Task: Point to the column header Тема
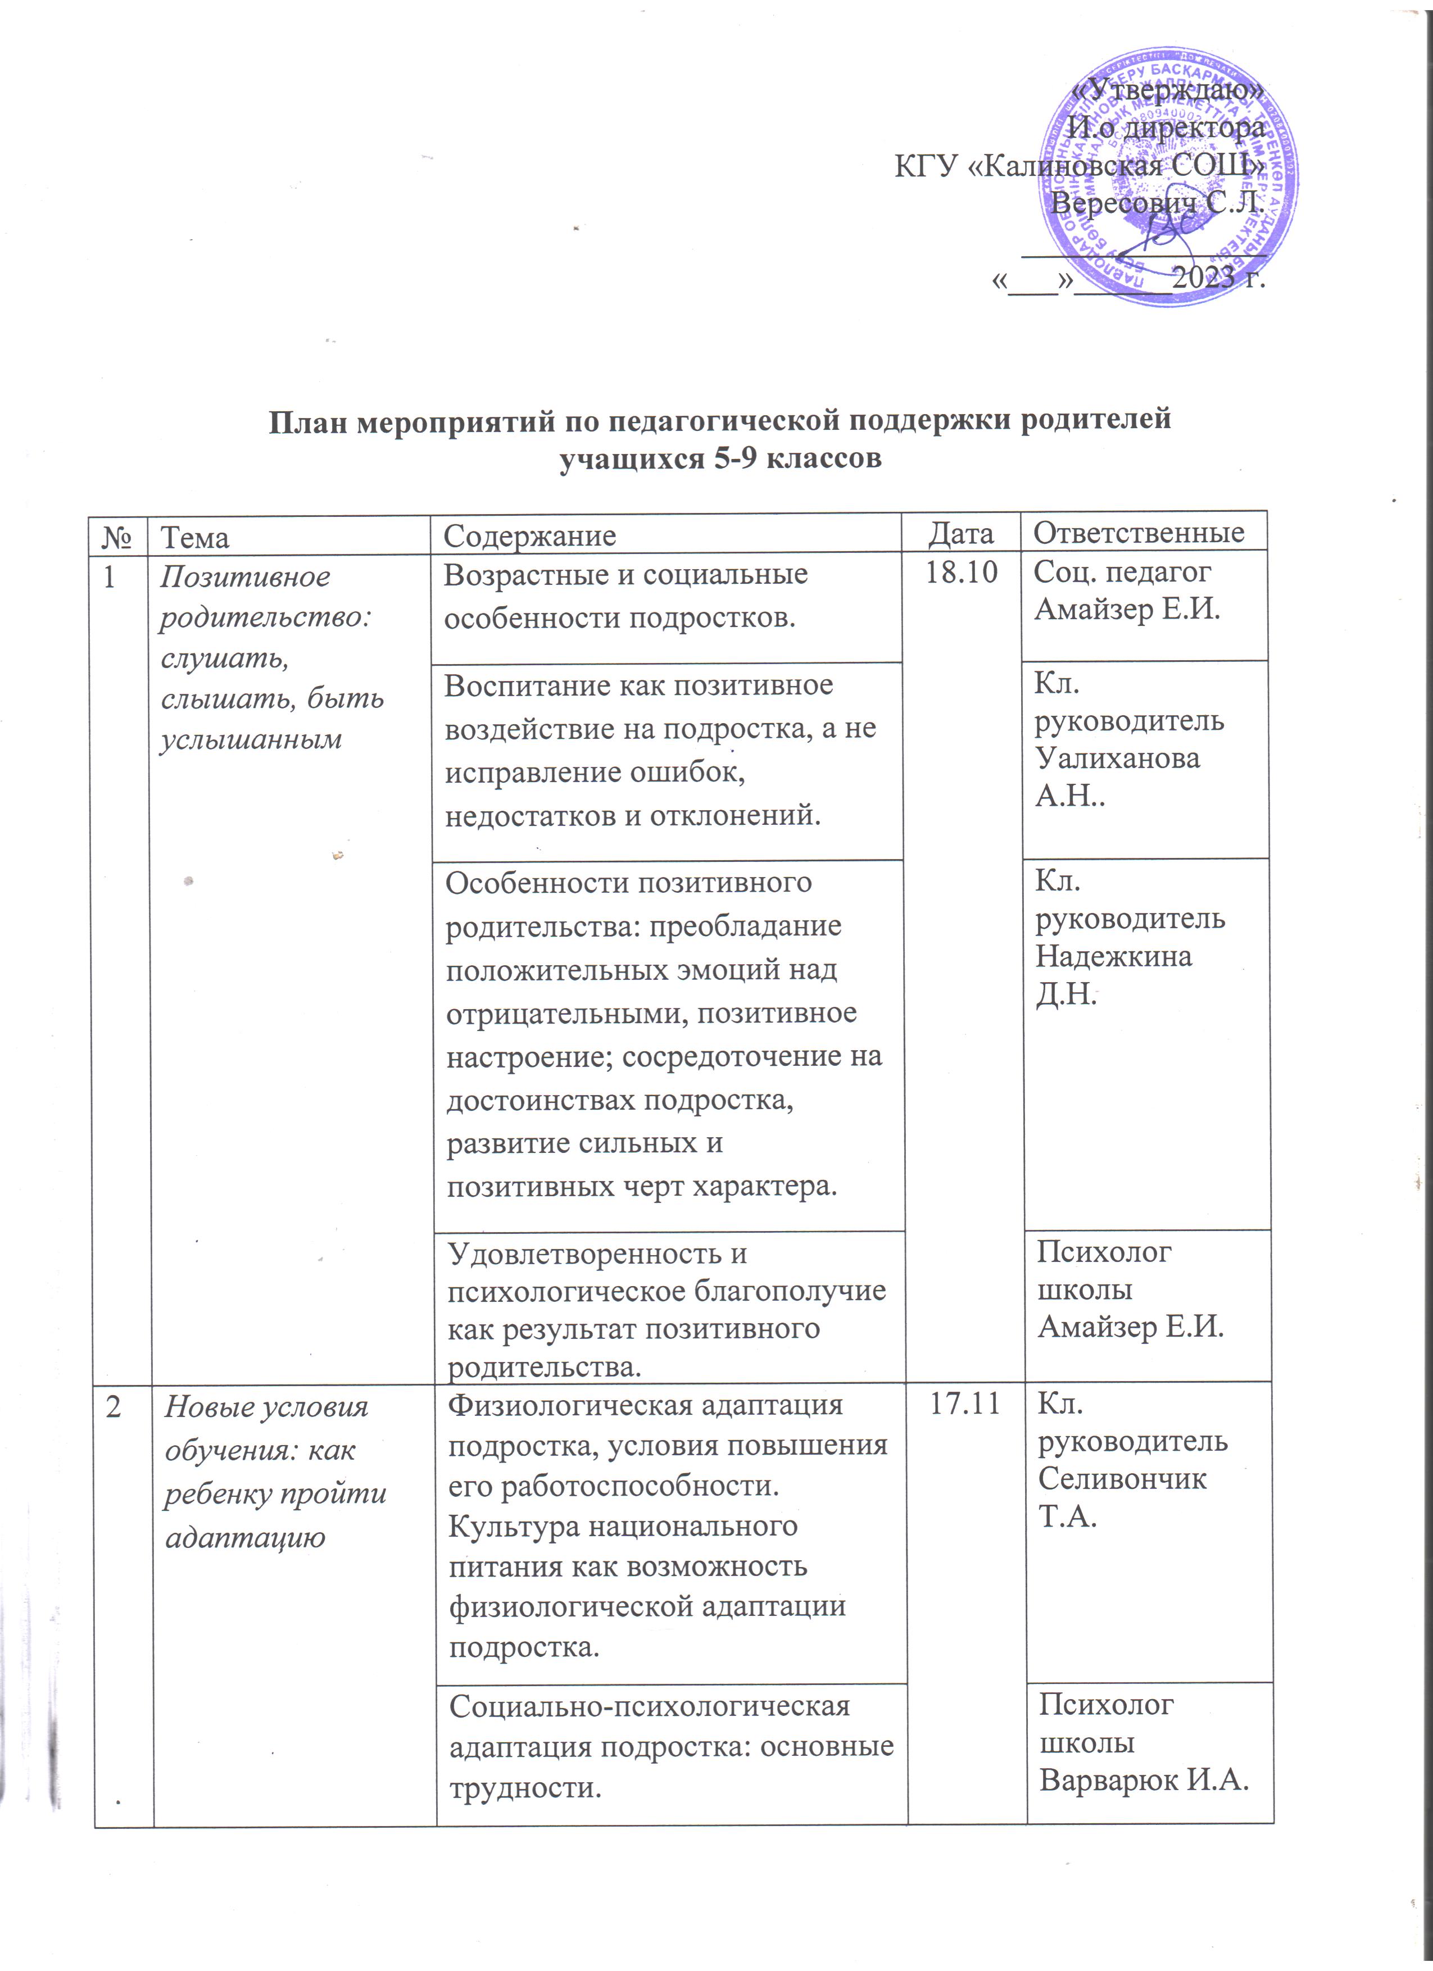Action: click(x=196, y=538)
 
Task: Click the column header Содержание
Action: click(x=529, y=536)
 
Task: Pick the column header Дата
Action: click(x=960, y=534)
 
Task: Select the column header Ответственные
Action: click(x=1139, y=532)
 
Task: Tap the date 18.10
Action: click(x=961, y=574)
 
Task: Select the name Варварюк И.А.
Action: click(x=1144, y=1781)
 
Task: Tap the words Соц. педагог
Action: click(x=1121, y=572)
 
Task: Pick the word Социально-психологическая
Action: click(x=649, y=1705)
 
